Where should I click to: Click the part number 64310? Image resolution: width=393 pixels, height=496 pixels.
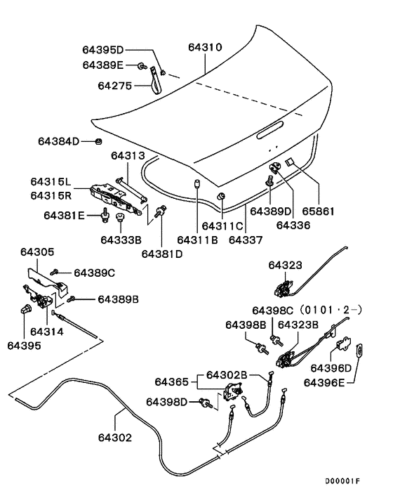click(x=205, y=48)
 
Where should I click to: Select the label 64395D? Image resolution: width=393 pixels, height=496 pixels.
click(x=102, y=50)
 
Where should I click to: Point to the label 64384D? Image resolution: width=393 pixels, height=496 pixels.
click(x=59, y=141)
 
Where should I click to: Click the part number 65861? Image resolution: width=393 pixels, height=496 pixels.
click(x=319, y=210)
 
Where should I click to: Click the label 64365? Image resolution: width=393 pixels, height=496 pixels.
click(x=171, y=381)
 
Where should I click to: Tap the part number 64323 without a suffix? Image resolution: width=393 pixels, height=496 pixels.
click(x=285, y=265)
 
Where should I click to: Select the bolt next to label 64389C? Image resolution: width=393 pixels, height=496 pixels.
click(x=55, y=271)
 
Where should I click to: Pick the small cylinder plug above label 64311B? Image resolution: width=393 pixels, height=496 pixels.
click(x=197, y=184)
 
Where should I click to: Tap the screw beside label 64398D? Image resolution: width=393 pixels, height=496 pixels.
click(x=206, y=403)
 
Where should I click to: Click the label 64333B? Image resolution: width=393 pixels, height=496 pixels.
click(x=121, y=240)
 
